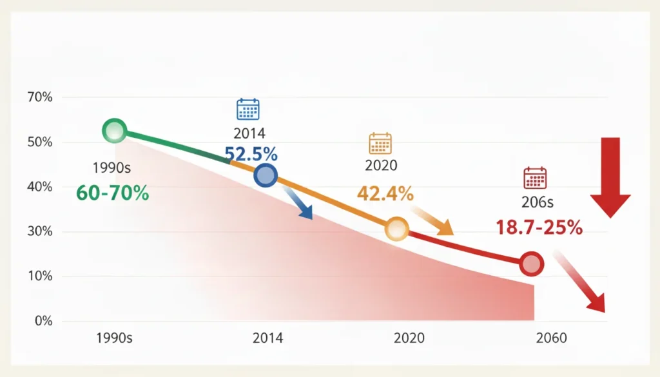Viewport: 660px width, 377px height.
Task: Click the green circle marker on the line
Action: (x=114, y=131)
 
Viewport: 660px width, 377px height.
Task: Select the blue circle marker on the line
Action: (x=266, y=175)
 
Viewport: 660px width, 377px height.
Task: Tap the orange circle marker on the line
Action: (x=397, y=229)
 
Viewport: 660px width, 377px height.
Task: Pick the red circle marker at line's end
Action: (x=532, y=264)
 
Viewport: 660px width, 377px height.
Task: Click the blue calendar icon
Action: (x=248, y=110)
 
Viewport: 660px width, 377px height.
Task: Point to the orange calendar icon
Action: (x=380, y=143)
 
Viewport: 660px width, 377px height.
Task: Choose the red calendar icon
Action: (x=536, y=178)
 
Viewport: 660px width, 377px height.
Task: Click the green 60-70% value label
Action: (x=113, y=192)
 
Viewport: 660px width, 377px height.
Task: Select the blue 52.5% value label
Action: (x=251, y=154)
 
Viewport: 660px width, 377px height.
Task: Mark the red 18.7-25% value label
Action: (x=539, y=227)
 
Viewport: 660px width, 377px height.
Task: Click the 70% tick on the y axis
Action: (x=40, y=97)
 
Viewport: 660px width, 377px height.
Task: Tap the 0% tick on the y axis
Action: (x=42, y=321)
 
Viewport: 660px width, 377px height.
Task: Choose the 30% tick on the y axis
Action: (x=40, y=231)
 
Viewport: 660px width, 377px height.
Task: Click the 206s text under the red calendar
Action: (x=538, y=202)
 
